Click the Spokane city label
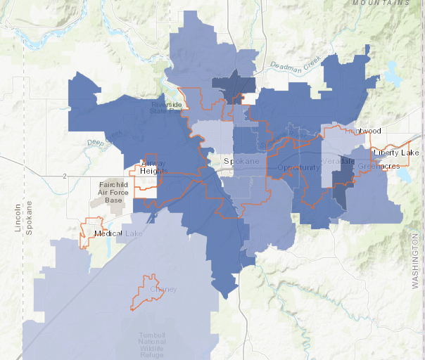(x=237, y=162)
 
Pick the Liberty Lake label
(x=396, y=153)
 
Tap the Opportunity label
(x=298, y=167)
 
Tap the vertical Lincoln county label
(x=18, y=219)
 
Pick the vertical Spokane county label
(x=29, y=219)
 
